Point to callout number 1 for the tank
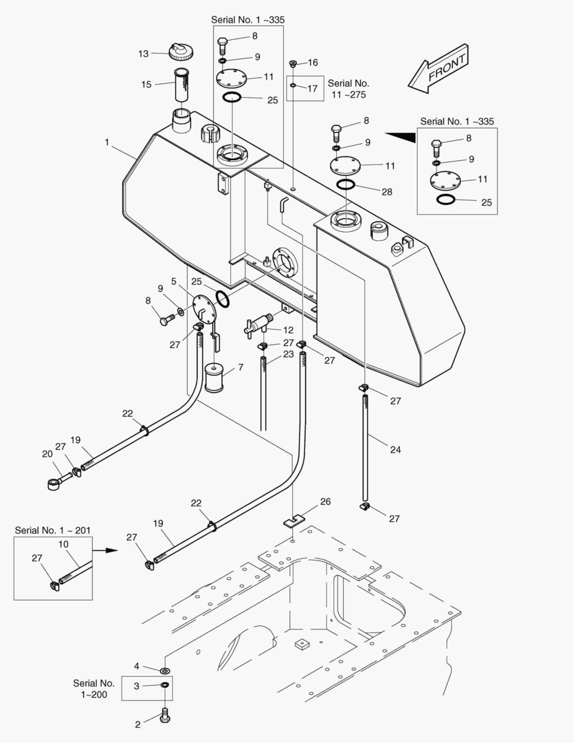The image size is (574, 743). tap(107, 142)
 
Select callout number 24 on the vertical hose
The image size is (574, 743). tap(395, 450)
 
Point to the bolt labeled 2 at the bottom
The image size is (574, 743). tap(166, 717)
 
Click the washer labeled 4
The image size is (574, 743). tap(166, 670)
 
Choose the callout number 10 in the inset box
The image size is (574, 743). tap(63, 544)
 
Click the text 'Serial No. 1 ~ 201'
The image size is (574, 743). tap(52, 530)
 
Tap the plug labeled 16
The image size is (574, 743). tap(294, 64)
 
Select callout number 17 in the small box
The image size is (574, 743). tap(313, 88)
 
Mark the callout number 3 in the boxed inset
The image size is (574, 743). tap(137, 686)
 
